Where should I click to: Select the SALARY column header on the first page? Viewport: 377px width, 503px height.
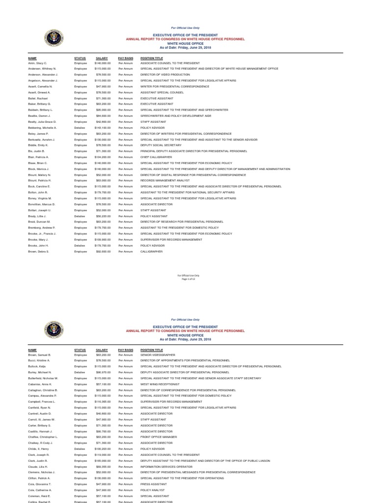[102, 58]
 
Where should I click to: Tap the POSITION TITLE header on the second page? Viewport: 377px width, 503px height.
[152, 349]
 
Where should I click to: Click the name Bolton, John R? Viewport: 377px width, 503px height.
[38, 193]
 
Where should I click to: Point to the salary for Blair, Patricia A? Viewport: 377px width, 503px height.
[103, 157]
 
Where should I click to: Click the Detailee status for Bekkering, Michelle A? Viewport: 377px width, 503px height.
[80, 128]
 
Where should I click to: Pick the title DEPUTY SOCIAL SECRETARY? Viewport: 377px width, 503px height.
[161, 145]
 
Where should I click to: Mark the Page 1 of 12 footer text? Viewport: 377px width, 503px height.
[188, 279]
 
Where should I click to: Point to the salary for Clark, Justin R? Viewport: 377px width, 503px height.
[103, 461]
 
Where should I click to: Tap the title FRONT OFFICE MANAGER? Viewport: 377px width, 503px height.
[159, 437]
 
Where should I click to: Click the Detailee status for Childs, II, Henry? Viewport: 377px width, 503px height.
[80, 449]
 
